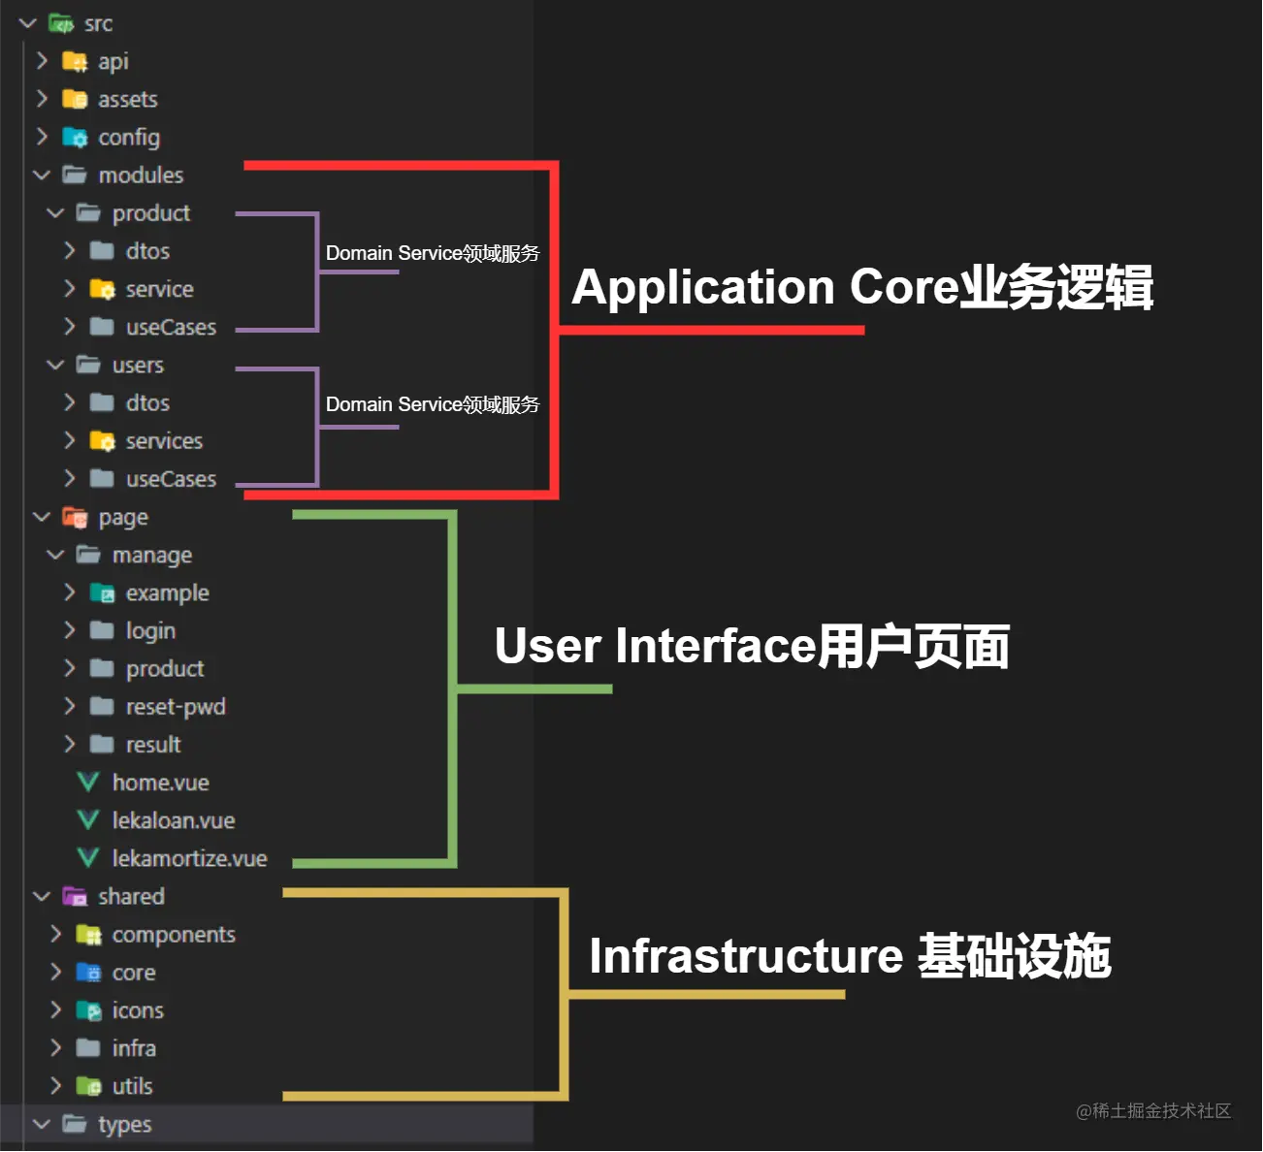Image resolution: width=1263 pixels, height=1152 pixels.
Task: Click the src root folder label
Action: pos(98,23)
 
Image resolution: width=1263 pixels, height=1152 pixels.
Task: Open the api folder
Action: pos(113,61)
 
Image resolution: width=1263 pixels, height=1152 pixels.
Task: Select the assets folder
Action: pos(127,99)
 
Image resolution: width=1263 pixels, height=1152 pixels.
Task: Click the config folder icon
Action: pos(75,138)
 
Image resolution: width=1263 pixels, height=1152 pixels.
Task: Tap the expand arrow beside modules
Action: pos(42,176)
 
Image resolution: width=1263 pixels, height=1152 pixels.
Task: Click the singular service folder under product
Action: pos(159,289)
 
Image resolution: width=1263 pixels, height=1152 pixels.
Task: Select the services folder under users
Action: pos(164,441)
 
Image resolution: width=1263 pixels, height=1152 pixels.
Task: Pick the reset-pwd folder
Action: pos(175,707)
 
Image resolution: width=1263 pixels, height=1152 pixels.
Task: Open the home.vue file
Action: pos(160,783)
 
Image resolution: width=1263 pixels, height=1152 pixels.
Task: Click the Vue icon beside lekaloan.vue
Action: pos(87,820)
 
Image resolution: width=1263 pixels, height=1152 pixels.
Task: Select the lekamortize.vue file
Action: pos(189,858)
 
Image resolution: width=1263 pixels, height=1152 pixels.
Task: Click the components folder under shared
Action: pos(174,934)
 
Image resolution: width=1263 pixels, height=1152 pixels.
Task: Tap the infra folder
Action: pos(134,1048)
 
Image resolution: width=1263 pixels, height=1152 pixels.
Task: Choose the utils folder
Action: pos(132,1086)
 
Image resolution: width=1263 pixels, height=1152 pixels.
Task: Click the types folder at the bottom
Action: pos(124,1125)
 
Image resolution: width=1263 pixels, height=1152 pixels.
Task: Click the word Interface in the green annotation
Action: pos(716,646)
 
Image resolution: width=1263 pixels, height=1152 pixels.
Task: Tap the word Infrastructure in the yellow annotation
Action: pos(746,956)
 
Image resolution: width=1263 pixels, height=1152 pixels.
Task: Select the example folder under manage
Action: pos(167,593)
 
